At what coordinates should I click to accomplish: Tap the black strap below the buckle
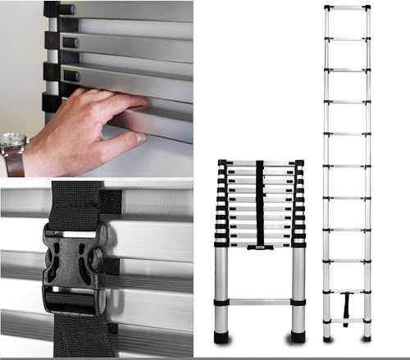click(78, 332)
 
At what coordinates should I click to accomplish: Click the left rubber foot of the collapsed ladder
click(221, 337)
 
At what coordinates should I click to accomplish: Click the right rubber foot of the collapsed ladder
click(298, 337)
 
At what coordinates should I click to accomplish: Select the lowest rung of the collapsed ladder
click(260, 302)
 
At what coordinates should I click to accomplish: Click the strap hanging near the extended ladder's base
click(346, 316)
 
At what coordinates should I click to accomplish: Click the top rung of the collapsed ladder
click(260, 162)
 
